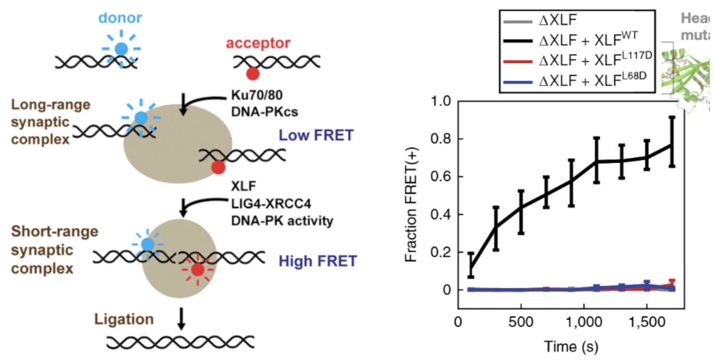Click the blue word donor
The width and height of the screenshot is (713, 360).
(120, 18)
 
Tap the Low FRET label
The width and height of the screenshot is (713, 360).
(316, 136)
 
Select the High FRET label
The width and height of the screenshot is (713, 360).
(318, 261)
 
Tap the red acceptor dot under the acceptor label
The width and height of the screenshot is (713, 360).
(252, 74)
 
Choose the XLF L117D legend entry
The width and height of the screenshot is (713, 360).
(586, 60)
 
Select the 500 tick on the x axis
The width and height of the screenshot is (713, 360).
(520, 322)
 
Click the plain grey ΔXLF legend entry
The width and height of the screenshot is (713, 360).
(561, 21)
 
